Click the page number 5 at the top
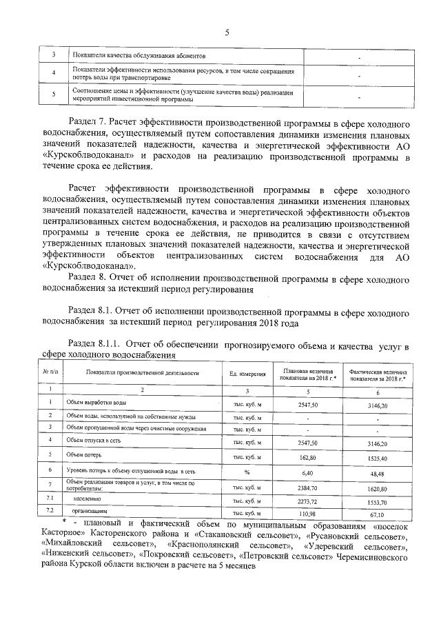(x=226, y=30)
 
